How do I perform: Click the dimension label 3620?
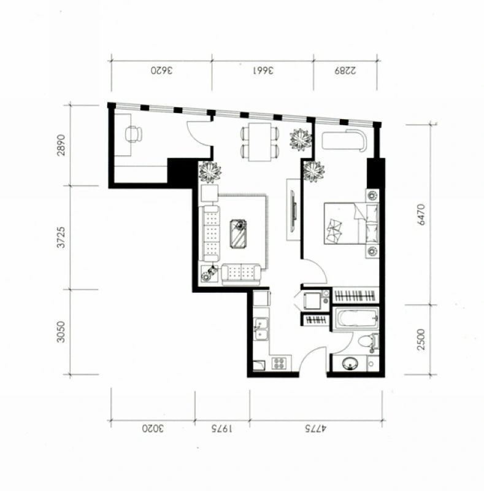161,71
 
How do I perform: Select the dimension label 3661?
263,71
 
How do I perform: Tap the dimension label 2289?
345,71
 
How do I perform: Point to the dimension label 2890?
61,145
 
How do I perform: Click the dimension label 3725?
61,237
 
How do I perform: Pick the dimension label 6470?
421,214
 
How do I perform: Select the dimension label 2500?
421,339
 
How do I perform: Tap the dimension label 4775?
315,428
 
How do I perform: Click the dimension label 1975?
221,428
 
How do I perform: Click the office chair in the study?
134,134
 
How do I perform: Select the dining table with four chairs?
259,142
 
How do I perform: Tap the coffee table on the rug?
238,234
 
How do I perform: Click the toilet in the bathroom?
369,342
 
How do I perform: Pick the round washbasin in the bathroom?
350,364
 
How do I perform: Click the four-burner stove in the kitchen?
278,363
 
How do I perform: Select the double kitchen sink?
261,329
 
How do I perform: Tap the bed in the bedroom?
351,223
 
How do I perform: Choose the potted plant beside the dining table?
301,139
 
